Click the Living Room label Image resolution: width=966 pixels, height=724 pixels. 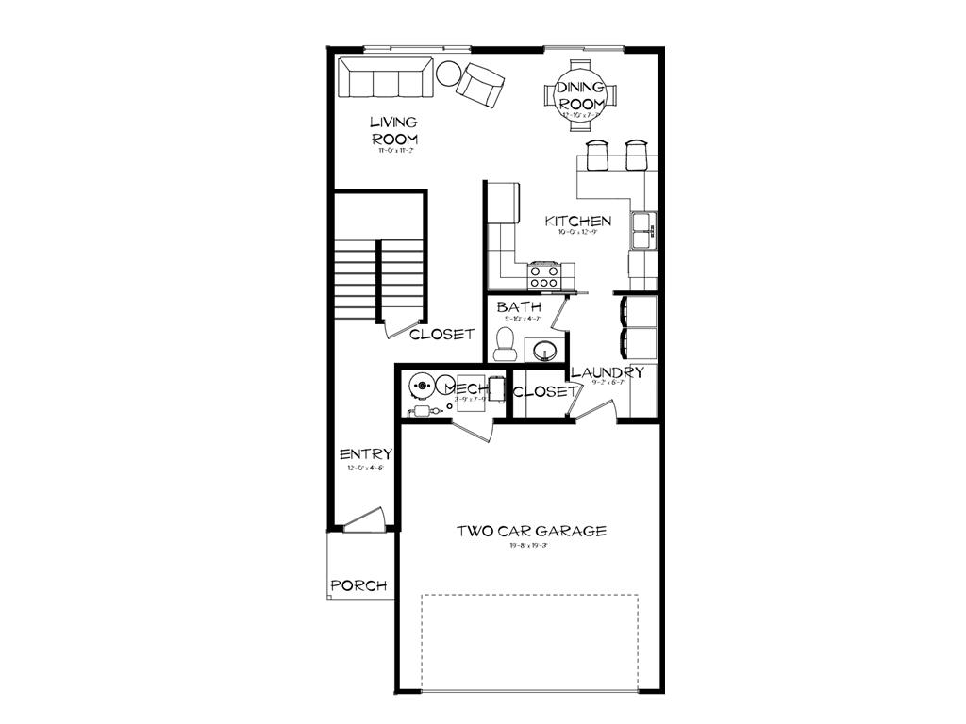coord(393,130)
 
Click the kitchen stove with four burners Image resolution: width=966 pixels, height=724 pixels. coord(544,275)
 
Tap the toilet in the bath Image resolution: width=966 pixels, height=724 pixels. coord(506,342)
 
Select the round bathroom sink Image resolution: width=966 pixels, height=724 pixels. coord(544,352)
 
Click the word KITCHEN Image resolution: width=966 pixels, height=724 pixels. coord(578,222)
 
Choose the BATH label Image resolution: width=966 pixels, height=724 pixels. coord(519,307)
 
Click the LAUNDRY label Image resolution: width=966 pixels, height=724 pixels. coord(608,372)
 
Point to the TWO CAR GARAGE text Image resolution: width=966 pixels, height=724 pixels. coord(531,531)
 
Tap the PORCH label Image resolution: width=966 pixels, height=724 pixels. coord(358,585)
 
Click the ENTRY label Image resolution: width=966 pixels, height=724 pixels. coord(365,454)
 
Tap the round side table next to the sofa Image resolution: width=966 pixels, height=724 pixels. coord(447,72)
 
